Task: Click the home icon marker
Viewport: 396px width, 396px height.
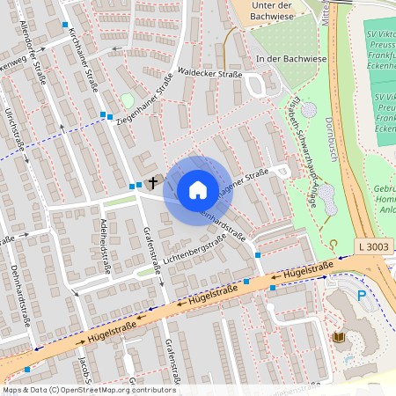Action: [x=198, y=190]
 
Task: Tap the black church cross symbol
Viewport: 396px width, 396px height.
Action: [x=153, y=182]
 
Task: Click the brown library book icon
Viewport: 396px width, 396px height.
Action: [x=339, y=337]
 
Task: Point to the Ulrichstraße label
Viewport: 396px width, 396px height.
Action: [x=11, y=132]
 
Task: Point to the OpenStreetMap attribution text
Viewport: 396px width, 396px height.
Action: [x=88, y=389]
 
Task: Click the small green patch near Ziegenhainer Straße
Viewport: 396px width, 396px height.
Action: [x=128, y=101]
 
